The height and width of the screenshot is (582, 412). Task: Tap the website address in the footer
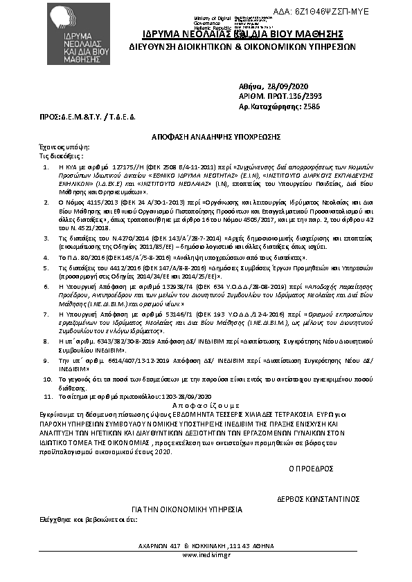click(206, 554)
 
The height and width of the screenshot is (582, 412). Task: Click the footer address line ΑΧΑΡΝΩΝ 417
click(206, 544)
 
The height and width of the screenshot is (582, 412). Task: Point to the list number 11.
click(47, 397)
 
